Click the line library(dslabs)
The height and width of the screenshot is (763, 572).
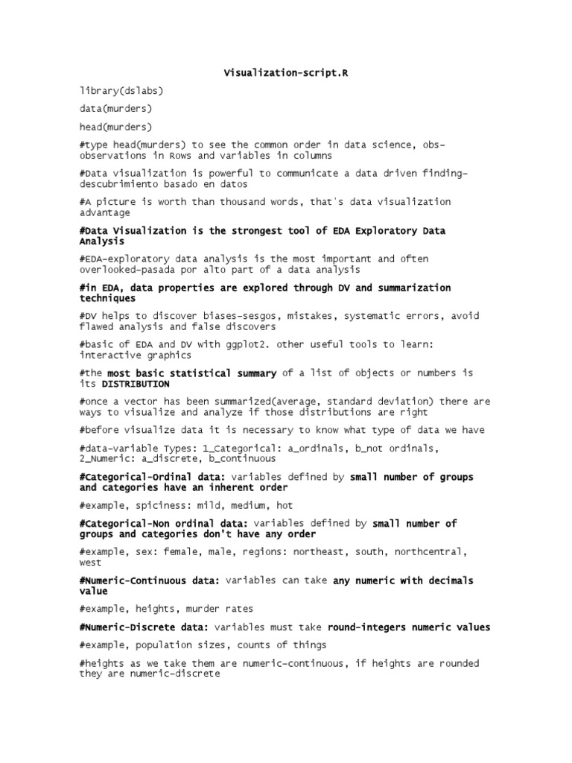tap(121, 91)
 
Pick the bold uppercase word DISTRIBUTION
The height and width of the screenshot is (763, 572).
tap(135, 384)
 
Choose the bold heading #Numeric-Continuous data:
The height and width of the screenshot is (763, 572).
tap(150, 580)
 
